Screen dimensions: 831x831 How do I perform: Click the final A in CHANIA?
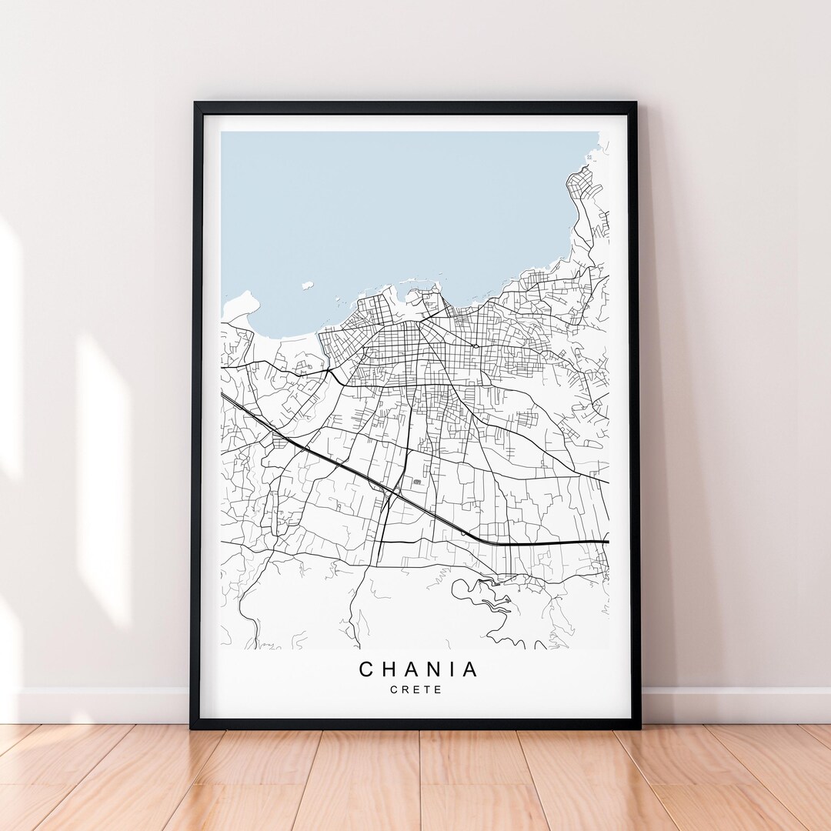[472, 669]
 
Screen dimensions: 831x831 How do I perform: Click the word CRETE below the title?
[416, 689]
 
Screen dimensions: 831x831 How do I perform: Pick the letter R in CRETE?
[405, 689]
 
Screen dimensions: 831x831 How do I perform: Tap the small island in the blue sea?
[307, 285]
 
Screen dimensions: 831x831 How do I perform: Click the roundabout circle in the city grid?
[475, 345]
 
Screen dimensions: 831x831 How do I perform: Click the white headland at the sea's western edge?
[240, 305]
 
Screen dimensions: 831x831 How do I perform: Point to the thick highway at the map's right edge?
[592, 542]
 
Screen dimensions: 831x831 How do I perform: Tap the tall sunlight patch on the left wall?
[104, 477]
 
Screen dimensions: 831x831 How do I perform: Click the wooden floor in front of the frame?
[415, 777]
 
